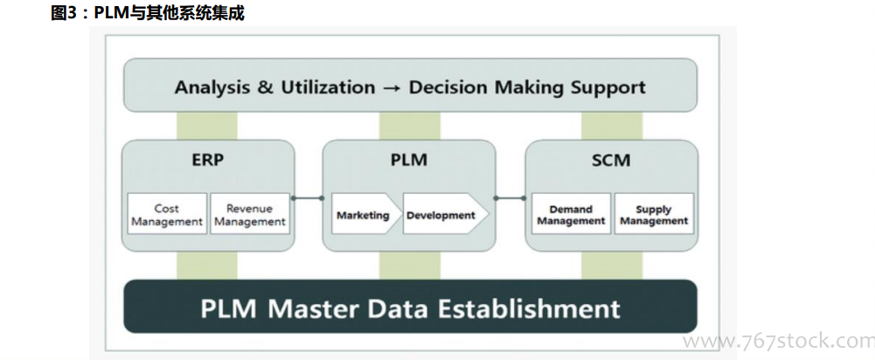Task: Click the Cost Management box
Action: point(167,214)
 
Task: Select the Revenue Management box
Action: point(249,214)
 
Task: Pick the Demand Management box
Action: point(571,215)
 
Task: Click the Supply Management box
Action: point(654,215)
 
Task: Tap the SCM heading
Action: point(611,161)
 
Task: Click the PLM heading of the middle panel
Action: point(408,161)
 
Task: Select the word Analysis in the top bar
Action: point(209,87)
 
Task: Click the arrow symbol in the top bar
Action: point(392,87)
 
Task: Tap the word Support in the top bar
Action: point(608,87)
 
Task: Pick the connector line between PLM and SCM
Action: point(509,198)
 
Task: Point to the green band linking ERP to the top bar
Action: point(194,125)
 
